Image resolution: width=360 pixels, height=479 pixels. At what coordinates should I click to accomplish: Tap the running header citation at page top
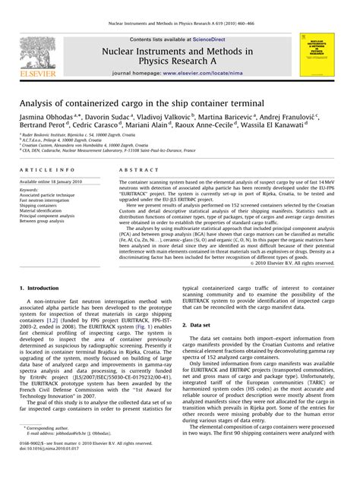180,7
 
